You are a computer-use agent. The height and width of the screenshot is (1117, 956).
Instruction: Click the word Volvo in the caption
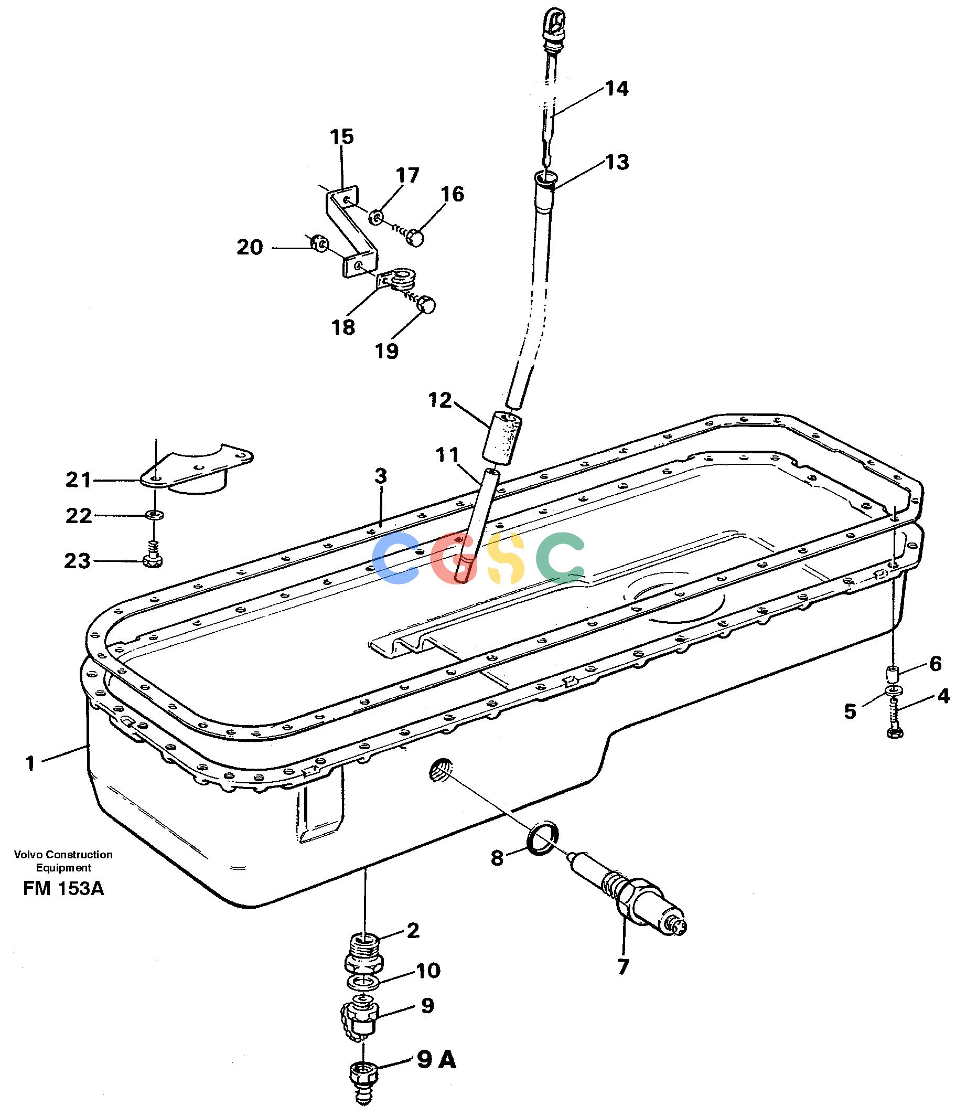28,855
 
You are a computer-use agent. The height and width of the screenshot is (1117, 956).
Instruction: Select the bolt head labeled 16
415,237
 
